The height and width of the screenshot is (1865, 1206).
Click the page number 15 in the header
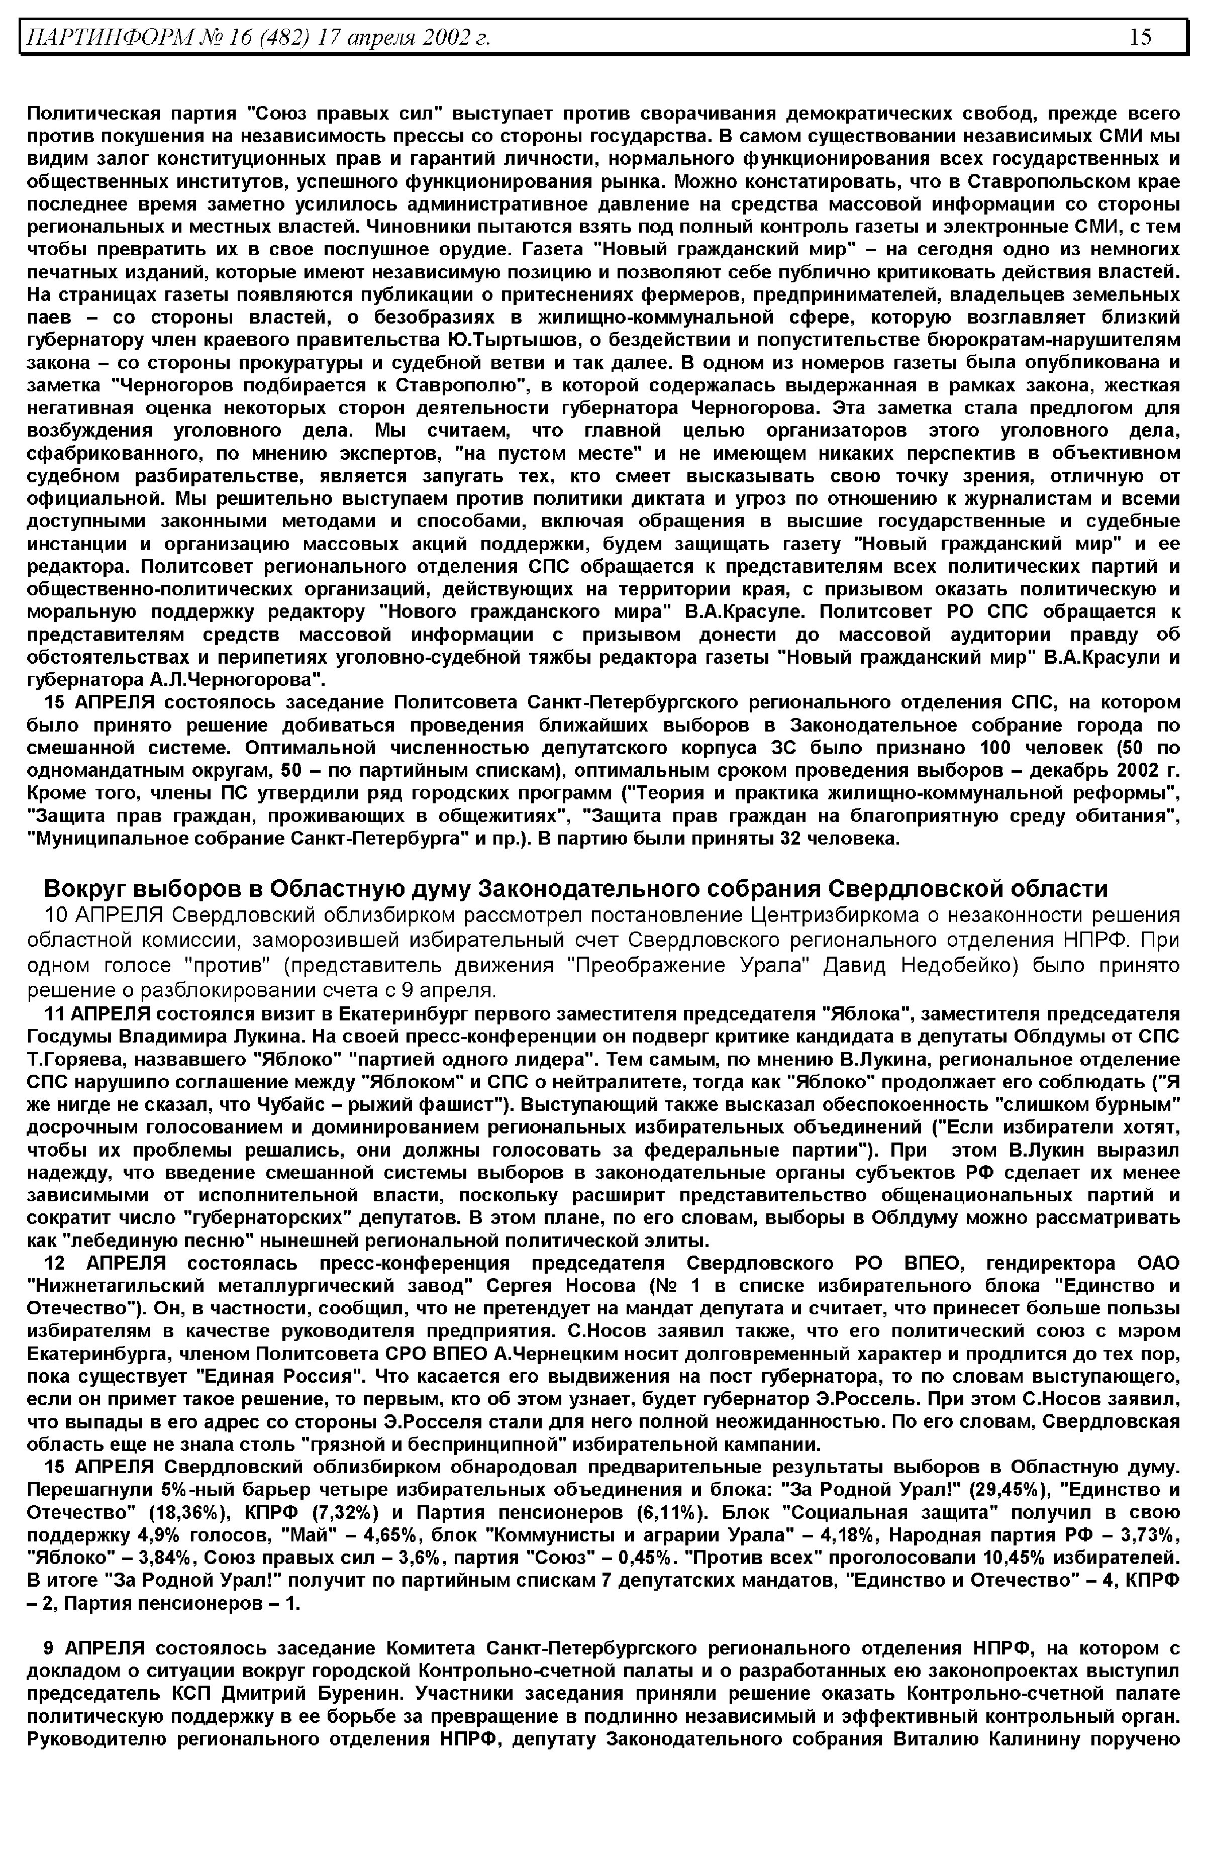pyautogui.click(x=1140, y=37)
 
